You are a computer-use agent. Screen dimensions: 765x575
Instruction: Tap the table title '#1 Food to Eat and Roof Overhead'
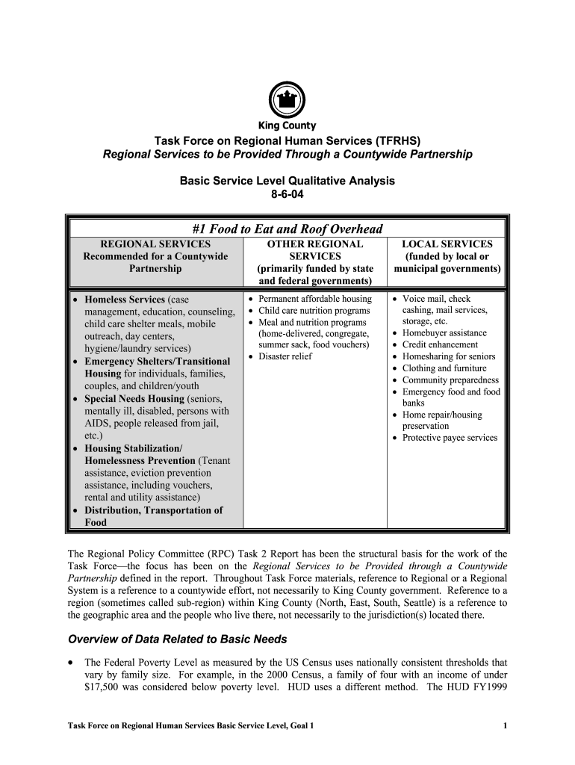(x=287, y=229)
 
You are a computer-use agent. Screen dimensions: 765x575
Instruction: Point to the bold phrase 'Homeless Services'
(x=125, y=300)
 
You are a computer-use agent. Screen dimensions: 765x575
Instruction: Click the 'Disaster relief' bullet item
(x=285, y=356)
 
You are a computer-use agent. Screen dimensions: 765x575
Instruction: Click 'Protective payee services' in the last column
(x=450, y=438)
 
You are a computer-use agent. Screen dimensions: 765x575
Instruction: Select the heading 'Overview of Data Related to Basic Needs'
(x=178, y=639)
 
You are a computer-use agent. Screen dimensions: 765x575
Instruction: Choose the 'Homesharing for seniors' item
(x=449, y=356)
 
